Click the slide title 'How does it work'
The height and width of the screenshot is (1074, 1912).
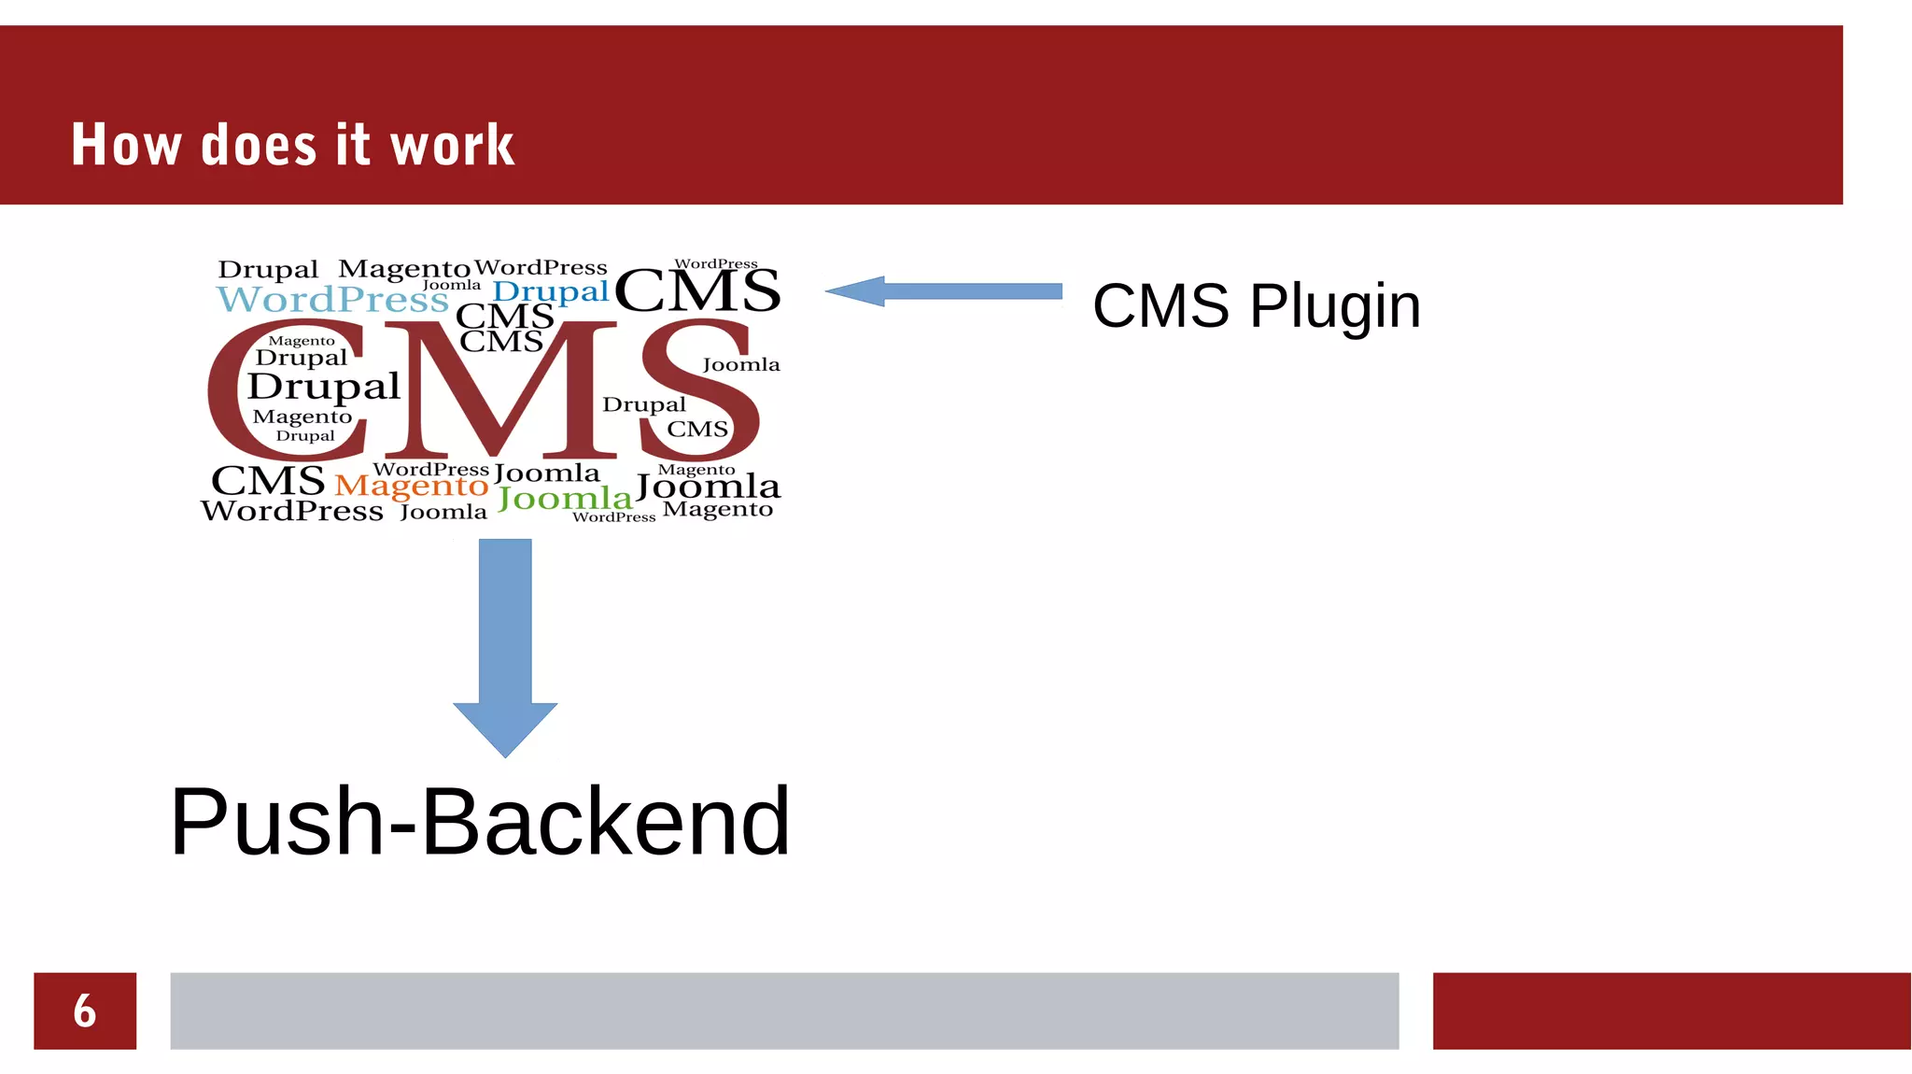pos(292,145)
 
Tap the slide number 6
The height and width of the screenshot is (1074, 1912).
pos(85,1010)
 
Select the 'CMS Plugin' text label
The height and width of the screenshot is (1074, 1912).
pos(1256,305)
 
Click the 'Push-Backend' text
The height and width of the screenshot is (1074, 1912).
pos(480,822)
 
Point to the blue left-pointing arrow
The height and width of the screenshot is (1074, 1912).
pos(943,291)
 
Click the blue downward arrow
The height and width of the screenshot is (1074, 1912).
pos(505,644)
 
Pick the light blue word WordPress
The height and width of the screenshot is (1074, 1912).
pos(332,300)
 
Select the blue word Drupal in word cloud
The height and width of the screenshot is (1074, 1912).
pos(551,292)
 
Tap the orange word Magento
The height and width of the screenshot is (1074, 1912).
pos(411,486)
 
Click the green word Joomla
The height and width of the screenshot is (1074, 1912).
pos(565,499)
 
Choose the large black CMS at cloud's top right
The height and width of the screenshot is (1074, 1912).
pos(696,290)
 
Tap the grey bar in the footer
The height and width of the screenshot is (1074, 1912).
pos(784,1010)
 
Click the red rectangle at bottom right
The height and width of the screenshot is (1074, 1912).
pos(1671,1010)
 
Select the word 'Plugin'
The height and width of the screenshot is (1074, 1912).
pos(1335,305)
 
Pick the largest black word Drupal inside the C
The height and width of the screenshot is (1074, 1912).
pos(324,386)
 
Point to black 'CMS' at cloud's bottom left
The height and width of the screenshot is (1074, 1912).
pos(268,481)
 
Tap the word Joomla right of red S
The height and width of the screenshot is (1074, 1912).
pos(741,364)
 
